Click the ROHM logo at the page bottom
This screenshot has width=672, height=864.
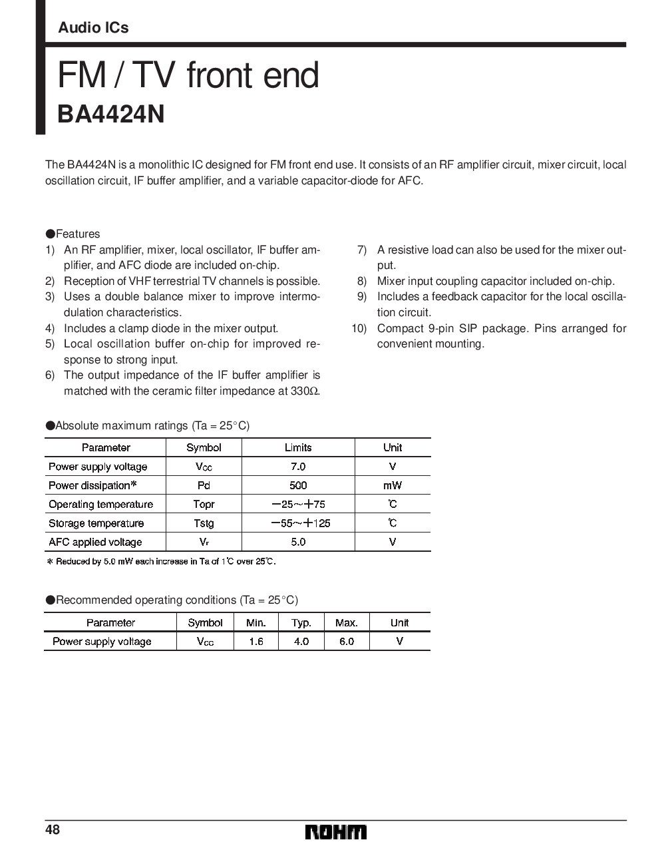(336, 832)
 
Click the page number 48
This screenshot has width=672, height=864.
(53, 830)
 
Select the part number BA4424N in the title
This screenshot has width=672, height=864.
(110, 114)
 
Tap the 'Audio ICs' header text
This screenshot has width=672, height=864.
(93, 28)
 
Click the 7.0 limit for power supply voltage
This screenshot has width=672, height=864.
(298, 467)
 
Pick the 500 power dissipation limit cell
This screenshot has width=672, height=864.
(298, 485)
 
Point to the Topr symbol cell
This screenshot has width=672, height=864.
(204, 504)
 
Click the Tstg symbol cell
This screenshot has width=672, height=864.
(204, 523)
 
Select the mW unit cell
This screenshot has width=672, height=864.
(393, 485)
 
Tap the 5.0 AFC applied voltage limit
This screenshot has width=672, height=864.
(298, 542)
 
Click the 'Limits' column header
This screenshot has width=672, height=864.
(298, 447)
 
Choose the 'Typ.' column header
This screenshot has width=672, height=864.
(301, 623)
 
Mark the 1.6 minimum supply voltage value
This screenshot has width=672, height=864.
(255, 642)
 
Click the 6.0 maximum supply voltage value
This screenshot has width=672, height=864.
(346, 642)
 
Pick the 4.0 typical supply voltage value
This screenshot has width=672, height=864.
(301, 642)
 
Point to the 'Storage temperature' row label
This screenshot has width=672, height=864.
(96, 523)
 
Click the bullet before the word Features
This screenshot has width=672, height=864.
(50, 234)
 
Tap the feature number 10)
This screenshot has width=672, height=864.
(359, 328)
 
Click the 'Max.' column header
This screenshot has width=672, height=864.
(346, 623)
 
